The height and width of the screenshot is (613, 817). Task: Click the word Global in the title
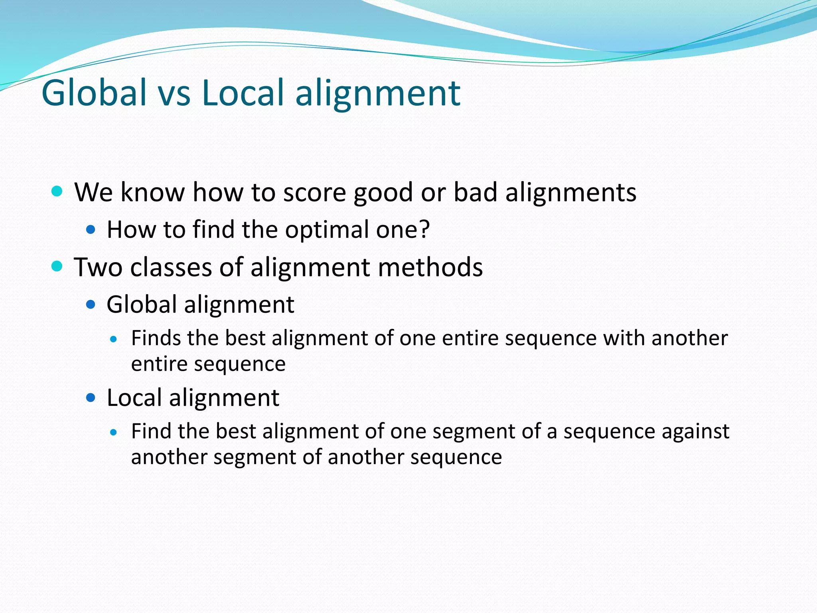(x=94, y=93)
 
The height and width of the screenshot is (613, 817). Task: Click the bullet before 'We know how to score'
(x=57, y=191)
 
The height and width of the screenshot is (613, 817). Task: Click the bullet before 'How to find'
(x=91, y=229)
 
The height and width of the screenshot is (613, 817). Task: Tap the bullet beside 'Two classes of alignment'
(x=57, y=266)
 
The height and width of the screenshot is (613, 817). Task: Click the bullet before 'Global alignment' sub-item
(x=91, y=305)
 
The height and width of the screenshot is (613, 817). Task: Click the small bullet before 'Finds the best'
(x=114, y=339)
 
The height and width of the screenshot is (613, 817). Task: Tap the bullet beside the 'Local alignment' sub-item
(x=91, y=397)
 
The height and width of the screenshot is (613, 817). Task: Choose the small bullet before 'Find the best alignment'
(x=114, y=432)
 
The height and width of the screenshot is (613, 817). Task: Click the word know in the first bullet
(x=153, y=192)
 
